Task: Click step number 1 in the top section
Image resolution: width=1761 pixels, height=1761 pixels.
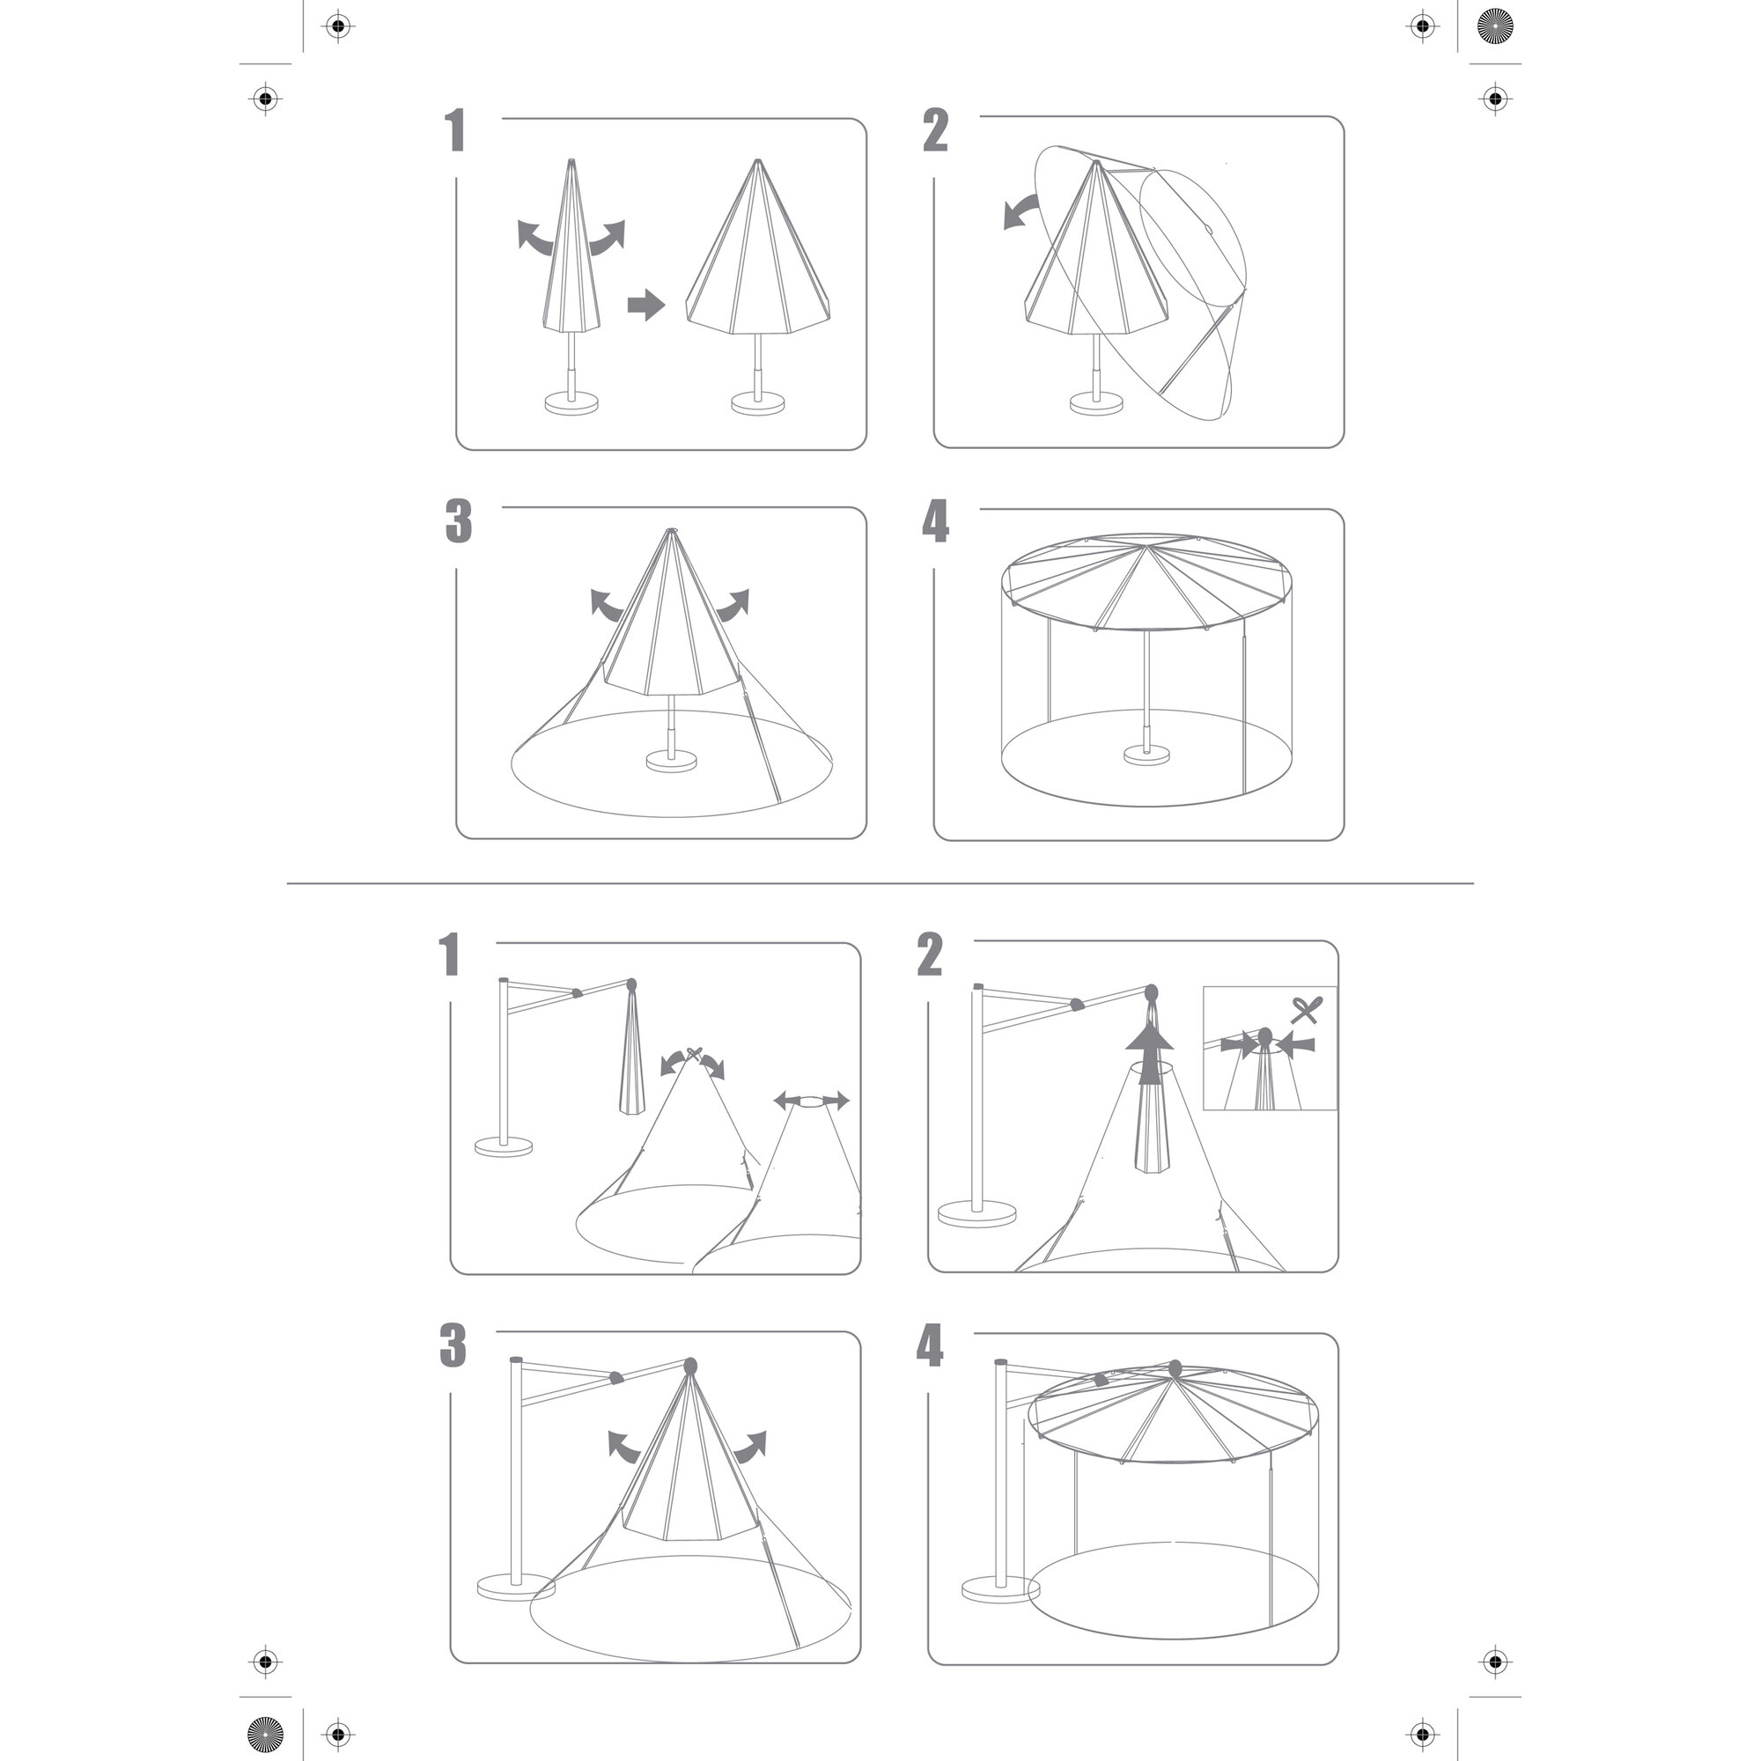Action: pyautogui.click(x=457, y=130)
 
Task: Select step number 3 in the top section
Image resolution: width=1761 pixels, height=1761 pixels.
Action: pyautogui.click(x=459, y=522)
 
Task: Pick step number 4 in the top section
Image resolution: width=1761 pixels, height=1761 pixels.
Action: pyautogui.click(x=936, y=522)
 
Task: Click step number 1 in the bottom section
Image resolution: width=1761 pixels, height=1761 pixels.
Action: pyautogui.click(x=450, y=955)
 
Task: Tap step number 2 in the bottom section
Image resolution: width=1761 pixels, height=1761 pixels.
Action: pyautogui.click(x=930, y=955)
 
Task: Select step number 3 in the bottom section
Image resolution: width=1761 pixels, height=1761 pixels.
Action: pyautogui.click(x=453, y=1346)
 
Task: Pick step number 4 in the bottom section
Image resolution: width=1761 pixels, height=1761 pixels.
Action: pyautogui.click(x=930, y=1346)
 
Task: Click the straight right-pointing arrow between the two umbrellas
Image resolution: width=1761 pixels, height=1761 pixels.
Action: pyautogui.click(x=646, y=306)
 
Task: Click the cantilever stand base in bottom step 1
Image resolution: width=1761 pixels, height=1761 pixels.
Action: pyautogui.click(x=503, y=1146)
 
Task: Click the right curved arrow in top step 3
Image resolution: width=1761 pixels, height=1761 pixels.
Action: pyautogui.click(x=733, y=605)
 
